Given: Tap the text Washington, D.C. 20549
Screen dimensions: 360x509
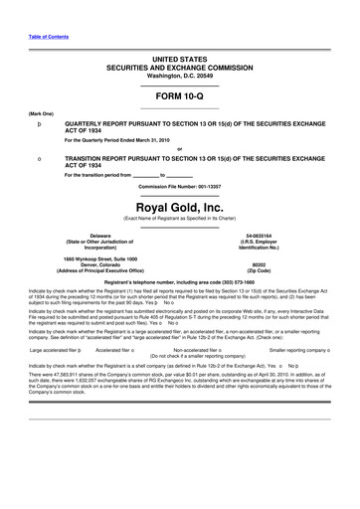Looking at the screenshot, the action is [x=179, y=48].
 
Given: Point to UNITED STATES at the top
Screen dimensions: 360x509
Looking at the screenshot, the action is [x=179, y=33].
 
